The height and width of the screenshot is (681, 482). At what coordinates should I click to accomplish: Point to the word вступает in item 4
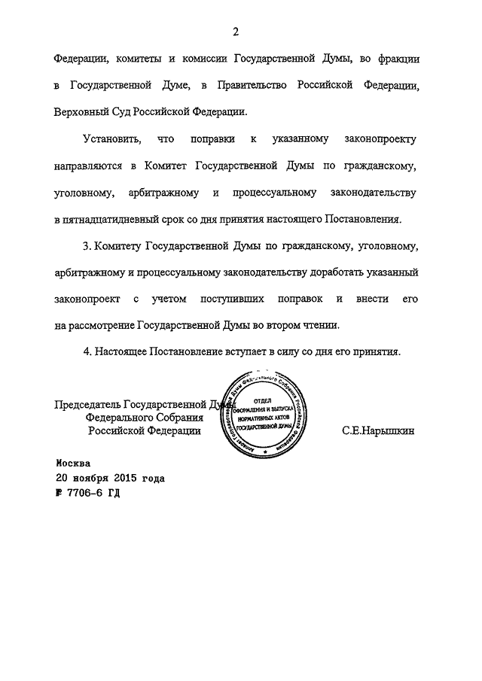[245, 352]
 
